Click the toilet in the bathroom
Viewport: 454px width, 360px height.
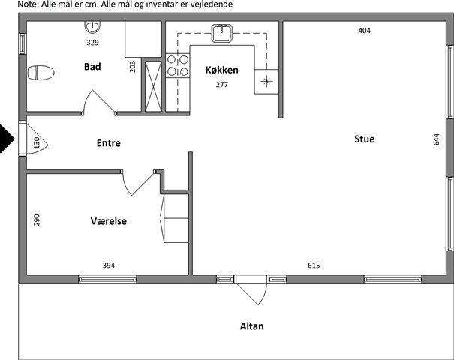41,73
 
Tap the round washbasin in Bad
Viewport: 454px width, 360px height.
92,26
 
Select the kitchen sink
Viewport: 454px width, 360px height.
222,33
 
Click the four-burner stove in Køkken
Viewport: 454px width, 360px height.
178,66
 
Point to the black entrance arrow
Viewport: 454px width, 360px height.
6,139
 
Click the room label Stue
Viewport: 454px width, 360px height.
365,139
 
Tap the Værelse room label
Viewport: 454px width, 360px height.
109,221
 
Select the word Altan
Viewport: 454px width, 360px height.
251,326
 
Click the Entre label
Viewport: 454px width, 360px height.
109,143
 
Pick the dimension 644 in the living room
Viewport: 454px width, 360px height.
436,139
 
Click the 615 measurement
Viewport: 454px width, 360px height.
314,265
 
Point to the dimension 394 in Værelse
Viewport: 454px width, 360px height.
109,265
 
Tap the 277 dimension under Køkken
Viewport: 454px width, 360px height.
222,85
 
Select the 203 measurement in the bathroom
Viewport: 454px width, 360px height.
132,67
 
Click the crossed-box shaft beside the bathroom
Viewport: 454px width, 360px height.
153,86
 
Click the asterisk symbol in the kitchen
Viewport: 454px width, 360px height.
266,81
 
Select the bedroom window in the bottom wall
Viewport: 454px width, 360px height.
107,279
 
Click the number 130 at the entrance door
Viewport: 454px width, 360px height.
37,142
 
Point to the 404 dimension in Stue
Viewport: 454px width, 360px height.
364,31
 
